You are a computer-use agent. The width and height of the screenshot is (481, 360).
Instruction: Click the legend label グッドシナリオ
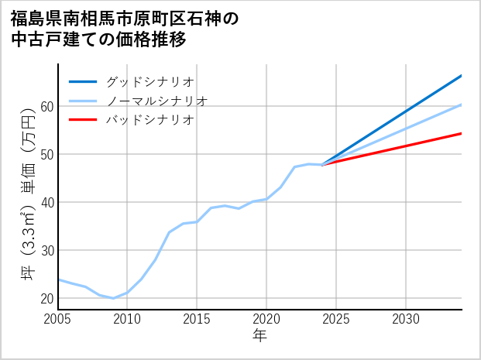point(149,81)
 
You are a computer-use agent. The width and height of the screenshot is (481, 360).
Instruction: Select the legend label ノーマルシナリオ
point(156,101)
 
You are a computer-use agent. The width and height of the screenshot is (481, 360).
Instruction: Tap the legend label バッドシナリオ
point(149,120)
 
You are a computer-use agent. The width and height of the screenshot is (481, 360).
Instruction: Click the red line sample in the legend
point(83,120)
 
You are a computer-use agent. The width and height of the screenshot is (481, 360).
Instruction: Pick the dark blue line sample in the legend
point(83,81)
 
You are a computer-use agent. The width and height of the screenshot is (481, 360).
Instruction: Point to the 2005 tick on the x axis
point(57,319)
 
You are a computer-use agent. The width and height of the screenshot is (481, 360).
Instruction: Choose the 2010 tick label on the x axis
point(127,319)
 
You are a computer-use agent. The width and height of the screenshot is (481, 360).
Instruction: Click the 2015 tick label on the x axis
point(197,319)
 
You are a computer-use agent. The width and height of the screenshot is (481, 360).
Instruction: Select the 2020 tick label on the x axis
point(266,319)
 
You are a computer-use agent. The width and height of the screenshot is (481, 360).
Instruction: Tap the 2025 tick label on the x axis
point(336,319)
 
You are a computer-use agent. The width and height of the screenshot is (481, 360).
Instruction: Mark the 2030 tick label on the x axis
point(406,319)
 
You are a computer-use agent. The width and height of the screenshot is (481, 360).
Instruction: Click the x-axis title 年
point(259,336)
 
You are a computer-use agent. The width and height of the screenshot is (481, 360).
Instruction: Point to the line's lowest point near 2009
point(113,298)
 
